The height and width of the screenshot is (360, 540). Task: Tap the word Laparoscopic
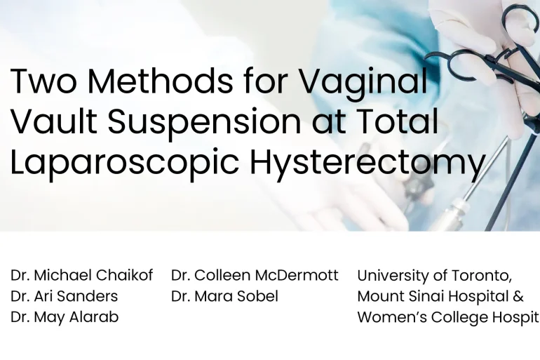tap(125, 164)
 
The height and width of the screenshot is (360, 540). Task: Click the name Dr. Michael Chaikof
tap(81, 275)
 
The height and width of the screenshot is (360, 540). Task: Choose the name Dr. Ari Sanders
tap(65, 296)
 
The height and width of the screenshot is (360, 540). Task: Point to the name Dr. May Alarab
tap(65, 317)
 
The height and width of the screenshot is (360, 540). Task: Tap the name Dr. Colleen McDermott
tap(255, 275)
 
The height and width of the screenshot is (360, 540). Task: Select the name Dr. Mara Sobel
tap(224, 296)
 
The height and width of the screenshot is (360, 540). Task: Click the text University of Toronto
tap(435, 275)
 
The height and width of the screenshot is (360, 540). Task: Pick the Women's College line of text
tap(448, 317)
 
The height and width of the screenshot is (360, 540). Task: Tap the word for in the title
tap(264, 82)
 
